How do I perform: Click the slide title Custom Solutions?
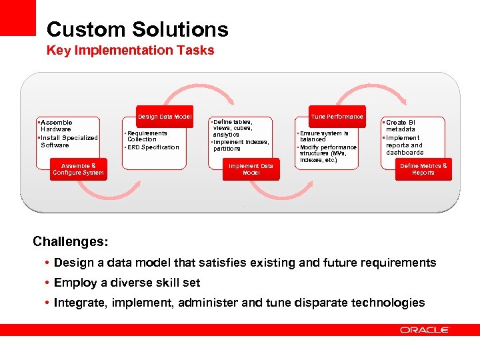[137, 29]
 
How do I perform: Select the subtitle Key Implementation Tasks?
[130, 51]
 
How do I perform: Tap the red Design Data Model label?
[165, 117]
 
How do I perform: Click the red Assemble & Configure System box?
[78, 169]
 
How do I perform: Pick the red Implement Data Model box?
[251, 169]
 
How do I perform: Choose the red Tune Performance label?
[337, 117]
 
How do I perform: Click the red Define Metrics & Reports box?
[423, 169]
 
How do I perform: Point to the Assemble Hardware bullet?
[57, 126]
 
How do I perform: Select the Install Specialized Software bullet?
[69, 141]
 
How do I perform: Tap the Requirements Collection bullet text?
[147, 136]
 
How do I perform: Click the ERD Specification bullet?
[153, 147]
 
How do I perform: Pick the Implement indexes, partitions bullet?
[241, 145]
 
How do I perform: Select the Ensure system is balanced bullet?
[324, 136]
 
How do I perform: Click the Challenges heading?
[71, 240]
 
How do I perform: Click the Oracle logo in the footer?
[425, 329]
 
